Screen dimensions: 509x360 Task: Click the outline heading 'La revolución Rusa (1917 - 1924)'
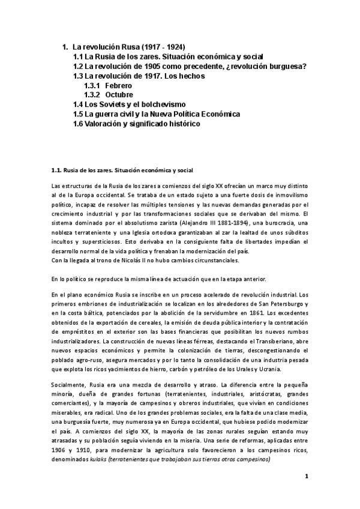(x=128, y=46)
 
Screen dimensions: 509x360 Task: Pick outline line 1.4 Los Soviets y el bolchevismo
(x=129, y=104)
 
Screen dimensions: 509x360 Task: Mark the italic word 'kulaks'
(x=99, y=459)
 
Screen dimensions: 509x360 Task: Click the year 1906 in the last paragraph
(x=60, y=450)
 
